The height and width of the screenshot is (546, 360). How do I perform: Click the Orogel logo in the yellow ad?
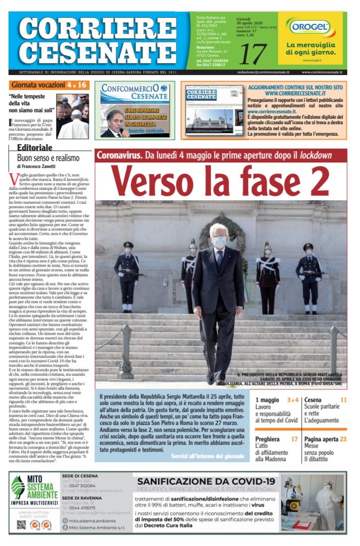[314, 28]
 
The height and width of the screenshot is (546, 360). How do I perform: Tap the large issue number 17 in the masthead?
[253, 54]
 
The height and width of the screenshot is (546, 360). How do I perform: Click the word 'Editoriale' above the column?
[35, 148]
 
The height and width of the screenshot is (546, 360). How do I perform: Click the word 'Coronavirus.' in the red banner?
[119, 155]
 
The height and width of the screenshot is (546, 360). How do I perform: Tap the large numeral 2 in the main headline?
[315, 182]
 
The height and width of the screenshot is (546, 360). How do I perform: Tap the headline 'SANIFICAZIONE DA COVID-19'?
[206, 481]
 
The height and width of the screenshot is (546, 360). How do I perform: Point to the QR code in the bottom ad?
[21, 525]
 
